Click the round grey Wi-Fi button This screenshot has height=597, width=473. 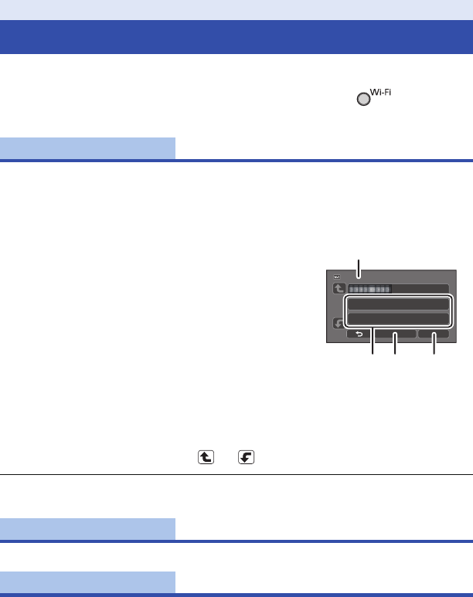(362, 100)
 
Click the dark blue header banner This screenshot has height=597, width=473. (236, 37)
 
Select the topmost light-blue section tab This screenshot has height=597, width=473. (87, 148)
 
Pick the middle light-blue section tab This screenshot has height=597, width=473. (87, 529)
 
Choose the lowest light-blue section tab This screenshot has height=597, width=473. (87, 583)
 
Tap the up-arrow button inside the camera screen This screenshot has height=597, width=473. (337, 289)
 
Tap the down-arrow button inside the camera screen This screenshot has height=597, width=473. (337, 324)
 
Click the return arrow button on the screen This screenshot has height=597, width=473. (359, 335)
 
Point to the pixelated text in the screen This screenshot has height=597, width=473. (369, 289)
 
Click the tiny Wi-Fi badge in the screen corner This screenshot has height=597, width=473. (337, 275)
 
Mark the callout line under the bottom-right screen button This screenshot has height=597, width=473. (434, 348)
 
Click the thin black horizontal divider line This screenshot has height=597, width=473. (236, 474)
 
